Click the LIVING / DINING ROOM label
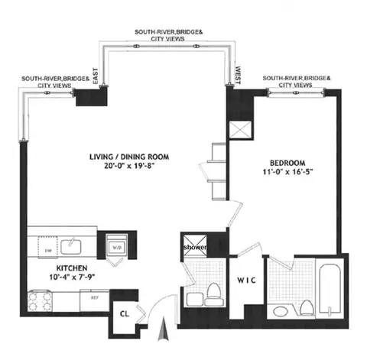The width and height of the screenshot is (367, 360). (126, 157)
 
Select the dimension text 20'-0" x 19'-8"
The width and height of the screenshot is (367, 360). (126, 168)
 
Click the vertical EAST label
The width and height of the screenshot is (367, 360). (96, 76)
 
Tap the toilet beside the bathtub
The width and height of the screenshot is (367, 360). (306, 307)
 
